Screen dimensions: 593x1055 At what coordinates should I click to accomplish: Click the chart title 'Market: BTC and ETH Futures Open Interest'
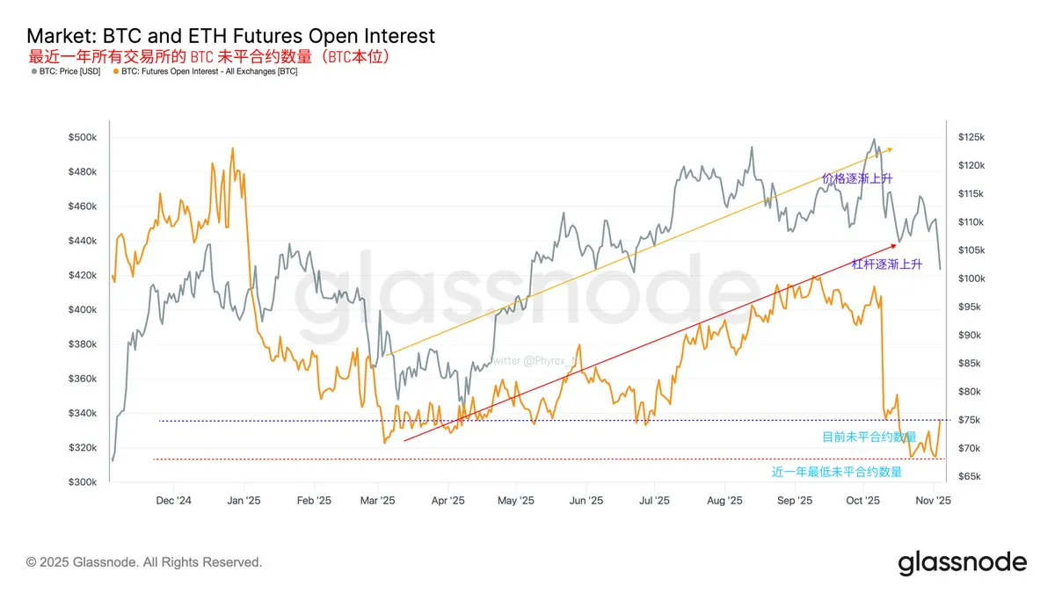(x=230, y=36)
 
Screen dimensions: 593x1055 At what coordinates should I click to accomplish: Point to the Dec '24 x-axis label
(x=173, y=500)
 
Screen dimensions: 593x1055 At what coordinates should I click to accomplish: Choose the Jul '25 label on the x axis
(x=654, y=500)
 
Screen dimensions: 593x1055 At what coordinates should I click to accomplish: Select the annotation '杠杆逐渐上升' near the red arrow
(x=887, y=264)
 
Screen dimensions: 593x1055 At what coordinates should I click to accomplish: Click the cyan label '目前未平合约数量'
(x=869, y=437)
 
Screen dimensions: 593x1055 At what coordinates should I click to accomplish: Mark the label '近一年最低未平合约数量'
(x=837, y=472)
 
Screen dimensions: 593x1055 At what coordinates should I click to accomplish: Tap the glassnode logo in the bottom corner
(x=962, y=562)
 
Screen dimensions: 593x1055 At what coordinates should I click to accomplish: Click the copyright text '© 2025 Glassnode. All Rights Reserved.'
(x=144, y=562)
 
